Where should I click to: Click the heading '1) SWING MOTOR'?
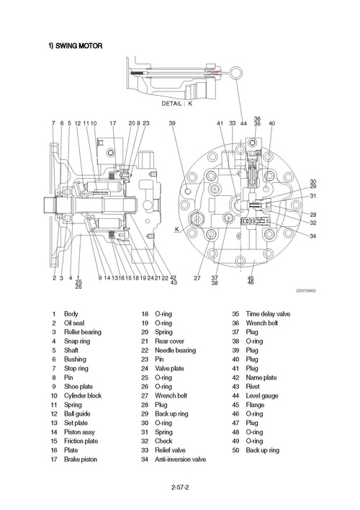(75, 46)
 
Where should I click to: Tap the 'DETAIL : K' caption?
(177, 104)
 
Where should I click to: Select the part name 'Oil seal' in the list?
(75, 323)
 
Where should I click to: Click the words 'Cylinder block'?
(85, 395)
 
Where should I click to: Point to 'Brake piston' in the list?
(81, 459)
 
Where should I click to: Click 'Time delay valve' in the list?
(268, 314)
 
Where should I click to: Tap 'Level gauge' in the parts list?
(264, 395)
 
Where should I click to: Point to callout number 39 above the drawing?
(172, 124)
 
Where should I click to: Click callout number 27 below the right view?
(197, 278)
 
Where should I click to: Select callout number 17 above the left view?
(112, 124)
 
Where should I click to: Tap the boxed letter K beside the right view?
(176, 230)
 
